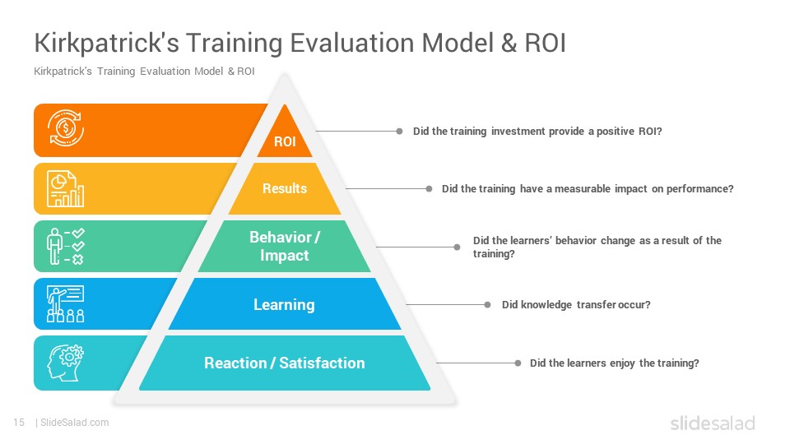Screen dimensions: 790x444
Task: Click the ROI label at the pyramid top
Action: tap(285, 141)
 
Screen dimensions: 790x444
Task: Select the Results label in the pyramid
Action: tap(285, 188)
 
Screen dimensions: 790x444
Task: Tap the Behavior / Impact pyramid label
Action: tap(285, 246)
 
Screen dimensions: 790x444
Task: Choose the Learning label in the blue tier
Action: tap(284, 304)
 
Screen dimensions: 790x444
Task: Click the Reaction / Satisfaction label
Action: tap(285, 363)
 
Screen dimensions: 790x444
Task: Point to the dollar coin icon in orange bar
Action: tap(66, 128)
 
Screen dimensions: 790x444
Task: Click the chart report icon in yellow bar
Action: tap(66, 189)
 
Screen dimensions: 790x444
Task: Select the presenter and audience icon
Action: tap(66, 303)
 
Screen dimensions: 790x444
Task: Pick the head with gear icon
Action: tap(66, 363)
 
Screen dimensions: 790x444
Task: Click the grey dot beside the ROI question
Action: tap(400, 132)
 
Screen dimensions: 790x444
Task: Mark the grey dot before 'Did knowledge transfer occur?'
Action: tap(487, 304)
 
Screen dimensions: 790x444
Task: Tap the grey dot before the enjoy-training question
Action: tap(518, 363)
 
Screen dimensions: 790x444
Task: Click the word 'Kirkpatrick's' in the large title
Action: tap(107, 44)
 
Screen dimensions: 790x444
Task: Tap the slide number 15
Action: tap(19, 423)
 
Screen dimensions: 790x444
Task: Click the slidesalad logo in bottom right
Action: tap(713, 423)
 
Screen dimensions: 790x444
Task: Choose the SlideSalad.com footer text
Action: tap(75, 423)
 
